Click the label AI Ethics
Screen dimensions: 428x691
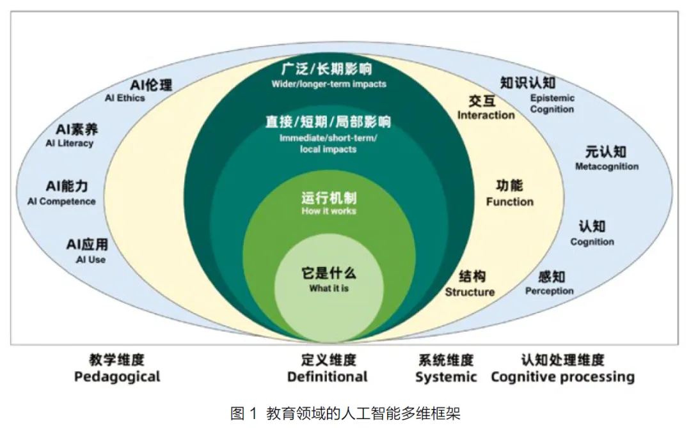[125, 98]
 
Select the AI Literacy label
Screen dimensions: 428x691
[69, 143]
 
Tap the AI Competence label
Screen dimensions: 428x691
[61, 201]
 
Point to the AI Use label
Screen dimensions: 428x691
[90, 259]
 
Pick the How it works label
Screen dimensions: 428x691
[328, 211]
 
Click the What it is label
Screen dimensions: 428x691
[328, 288]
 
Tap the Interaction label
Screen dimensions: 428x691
[486, 115]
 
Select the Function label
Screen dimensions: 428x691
[509, 201]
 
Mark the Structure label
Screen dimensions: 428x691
[470, 292]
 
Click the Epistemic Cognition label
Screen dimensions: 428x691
[552, 103]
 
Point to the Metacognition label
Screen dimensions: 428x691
[606, 167]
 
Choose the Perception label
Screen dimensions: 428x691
[549, 291]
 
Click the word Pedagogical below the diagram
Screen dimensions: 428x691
[117, 376]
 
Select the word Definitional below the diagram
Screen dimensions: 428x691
[328, 376]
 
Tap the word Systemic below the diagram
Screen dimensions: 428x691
[446, 376]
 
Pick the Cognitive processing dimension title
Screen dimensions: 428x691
[562, 376]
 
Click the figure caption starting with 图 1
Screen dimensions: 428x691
[345, 413]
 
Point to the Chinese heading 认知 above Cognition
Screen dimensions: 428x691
[592, 226]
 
